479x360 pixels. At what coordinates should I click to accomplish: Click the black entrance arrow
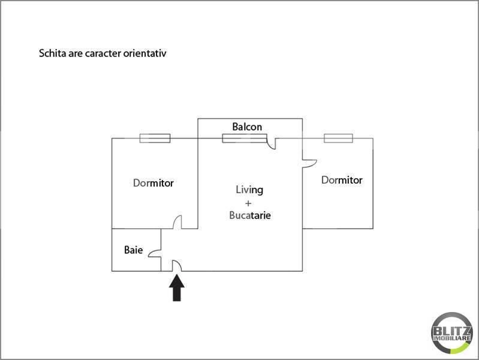pyautogui.click(x=177, y=288)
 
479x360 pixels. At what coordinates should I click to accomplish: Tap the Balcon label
pyautogui.click(x=247, y=127)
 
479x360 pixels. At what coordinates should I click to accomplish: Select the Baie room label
pyautogui.click(x=134, y=250)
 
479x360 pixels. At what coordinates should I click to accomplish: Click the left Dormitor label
pyautogui.click(x=153, y=183)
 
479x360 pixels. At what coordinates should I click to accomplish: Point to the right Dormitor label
pyautogui.click(x=342, y=180)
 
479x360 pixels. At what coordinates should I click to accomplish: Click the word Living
pyautogui.click(x=249, y=190)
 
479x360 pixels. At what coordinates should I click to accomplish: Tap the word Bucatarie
pyautogui.click(x=250, y=215)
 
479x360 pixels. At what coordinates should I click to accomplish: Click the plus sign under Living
pyautogui.click(x=248, y=203)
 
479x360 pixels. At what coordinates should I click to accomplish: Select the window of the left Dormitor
pyautogui.click(x=155, y=138)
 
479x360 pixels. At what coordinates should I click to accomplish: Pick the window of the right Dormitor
pyautogui.click(x=339, y=138)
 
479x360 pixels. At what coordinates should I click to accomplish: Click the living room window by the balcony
pyautogui.click(x=245, y=138)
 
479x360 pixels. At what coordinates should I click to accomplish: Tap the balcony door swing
pyautogui.click(x=271, y=143)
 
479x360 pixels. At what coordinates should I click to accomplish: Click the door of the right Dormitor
pyautogui.click(x=310, y=164)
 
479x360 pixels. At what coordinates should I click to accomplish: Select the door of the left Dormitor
pyautogui.click(x=177, y=222)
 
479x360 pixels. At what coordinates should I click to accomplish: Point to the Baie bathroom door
pyautogui.click(x=155, y=253)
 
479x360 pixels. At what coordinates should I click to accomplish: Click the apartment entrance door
pyautogui.click(x=177, y=266)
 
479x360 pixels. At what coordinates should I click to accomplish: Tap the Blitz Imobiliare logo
pyautogui.click(x=452, y=333)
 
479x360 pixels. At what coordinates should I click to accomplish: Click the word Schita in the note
pyautogui.click(x=53, y=53)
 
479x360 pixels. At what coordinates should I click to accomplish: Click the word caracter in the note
pyautogui.click(x=103, y=53)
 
